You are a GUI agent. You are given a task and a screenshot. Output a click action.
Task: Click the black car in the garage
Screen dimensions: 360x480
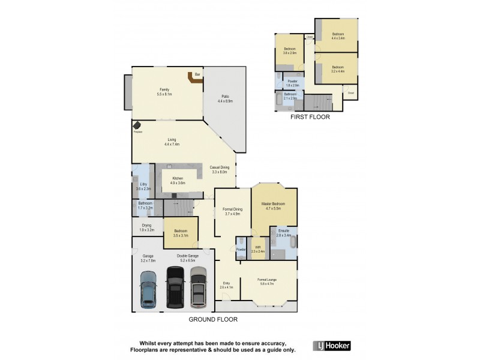(175, 287)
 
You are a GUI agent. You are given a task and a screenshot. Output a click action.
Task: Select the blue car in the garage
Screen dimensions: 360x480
(148, 289)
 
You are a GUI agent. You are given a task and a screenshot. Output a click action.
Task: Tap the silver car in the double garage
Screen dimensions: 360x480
(198, 287)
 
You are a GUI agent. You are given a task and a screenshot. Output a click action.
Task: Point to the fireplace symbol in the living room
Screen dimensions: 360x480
(137, 125)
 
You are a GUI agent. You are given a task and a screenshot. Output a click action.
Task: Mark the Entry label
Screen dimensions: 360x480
(226, 284)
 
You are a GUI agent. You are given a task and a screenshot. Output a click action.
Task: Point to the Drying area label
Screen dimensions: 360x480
(147, 227)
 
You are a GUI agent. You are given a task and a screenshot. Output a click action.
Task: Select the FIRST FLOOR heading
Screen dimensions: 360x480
(310, 118)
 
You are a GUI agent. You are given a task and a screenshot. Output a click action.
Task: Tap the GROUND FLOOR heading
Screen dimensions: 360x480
(213, 320)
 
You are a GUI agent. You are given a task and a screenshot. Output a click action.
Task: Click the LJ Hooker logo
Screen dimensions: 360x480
(331, 346)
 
